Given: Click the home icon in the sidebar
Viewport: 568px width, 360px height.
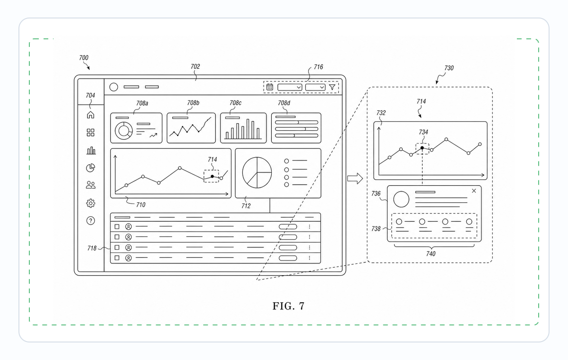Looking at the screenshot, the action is point(90,115).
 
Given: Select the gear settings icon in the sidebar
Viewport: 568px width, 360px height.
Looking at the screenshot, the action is point(90,203).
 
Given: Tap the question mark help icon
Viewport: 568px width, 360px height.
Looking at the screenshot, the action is point(90,221).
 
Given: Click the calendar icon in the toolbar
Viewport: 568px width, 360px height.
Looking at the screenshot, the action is point(269,87).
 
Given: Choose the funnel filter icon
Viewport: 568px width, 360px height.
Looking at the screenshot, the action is point(332,87).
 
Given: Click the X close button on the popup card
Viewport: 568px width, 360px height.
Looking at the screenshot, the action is point(474,191).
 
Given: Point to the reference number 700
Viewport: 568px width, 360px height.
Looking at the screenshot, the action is point(84,58).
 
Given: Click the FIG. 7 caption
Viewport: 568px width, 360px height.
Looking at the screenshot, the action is point(288,306).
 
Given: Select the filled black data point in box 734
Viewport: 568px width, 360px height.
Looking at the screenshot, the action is point(422,148).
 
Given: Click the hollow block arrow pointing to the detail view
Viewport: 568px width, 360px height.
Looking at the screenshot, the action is point(355,179).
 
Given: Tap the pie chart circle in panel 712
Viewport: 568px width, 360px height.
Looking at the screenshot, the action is point(257,172).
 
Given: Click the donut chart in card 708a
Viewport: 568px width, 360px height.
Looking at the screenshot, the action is point(124,131).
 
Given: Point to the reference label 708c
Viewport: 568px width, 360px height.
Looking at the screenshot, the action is point(235,103).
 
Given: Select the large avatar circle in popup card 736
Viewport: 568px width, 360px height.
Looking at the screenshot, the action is point(401,199).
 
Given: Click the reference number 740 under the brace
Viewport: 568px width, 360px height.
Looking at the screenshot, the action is point(431,254).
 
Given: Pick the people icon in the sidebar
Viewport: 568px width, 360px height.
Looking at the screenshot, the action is point(90,185).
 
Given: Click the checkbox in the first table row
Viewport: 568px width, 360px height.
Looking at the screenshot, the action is point(117,226).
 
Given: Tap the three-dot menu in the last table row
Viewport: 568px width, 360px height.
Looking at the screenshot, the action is point(310,258).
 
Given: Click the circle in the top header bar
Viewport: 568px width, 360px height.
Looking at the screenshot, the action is point(114,87).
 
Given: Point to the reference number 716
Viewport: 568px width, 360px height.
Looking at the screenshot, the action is point(319,67).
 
